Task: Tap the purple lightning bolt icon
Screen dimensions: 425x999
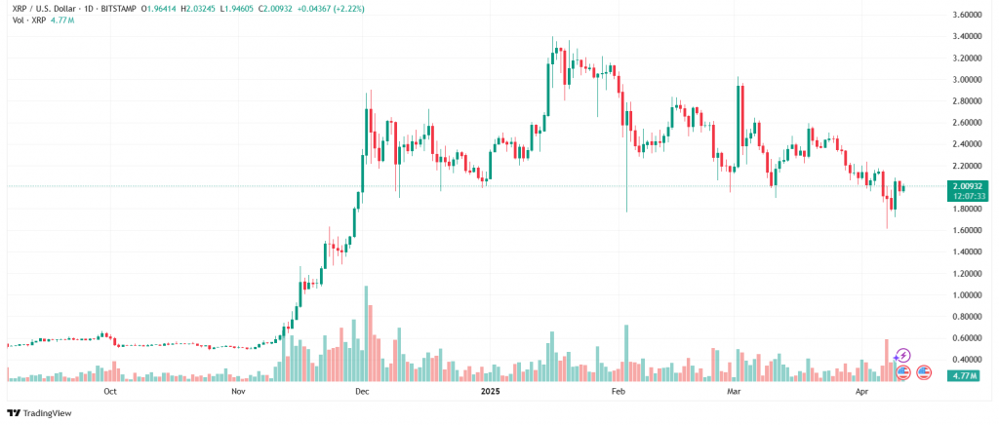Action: point(903,356)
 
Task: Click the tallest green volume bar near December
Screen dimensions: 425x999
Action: point(366,332)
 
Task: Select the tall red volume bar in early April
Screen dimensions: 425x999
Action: point(886,359)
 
